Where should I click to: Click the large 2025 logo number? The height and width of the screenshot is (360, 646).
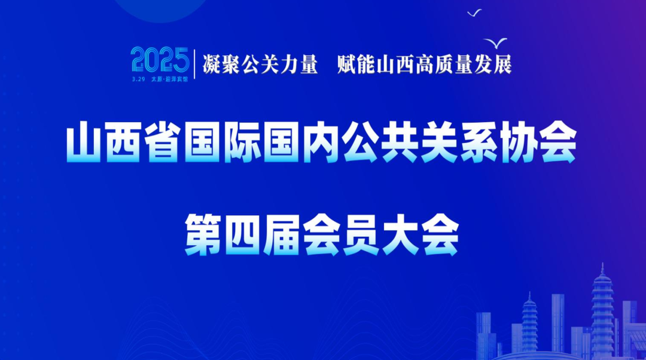[x=160, y=60]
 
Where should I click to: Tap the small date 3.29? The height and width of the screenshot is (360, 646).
[x=139, y=78]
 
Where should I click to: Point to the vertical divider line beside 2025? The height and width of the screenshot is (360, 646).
[x=194, y=63]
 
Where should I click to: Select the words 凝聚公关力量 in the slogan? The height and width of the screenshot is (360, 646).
[x=260, y=64]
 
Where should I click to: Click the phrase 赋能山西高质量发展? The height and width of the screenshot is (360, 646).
[x=425, y=64]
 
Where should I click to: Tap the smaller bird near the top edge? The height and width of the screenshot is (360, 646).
[x=474, y=12]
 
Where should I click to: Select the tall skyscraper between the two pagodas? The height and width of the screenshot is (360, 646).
[x=557, y=323]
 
